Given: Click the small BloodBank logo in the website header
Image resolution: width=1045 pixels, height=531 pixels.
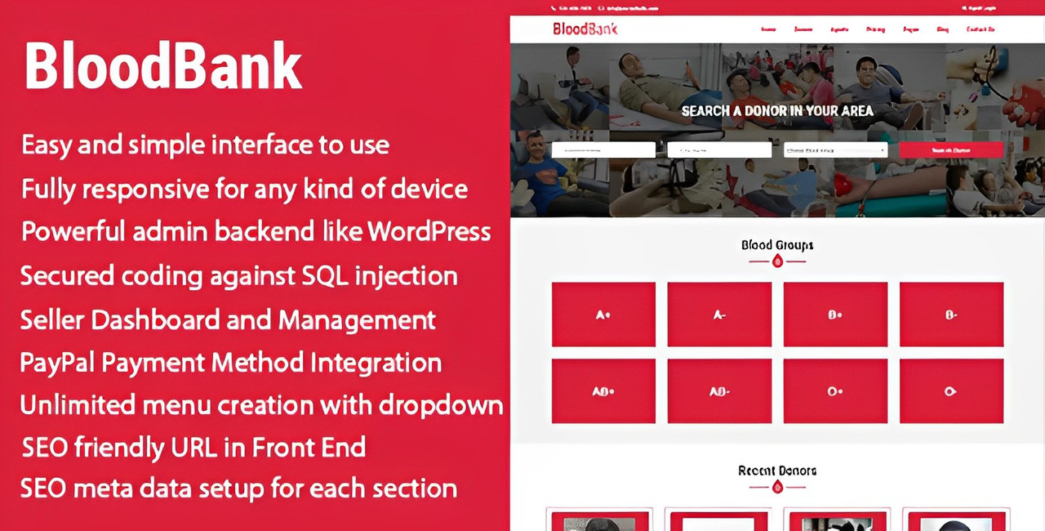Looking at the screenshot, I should click(x=585, y=29).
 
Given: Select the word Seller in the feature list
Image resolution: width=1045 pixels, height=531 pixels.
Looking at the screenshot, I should click(x=51, y=319).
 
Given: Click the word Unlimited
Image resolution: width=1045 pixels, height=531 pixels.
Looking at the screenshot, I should click(x=77, y=405).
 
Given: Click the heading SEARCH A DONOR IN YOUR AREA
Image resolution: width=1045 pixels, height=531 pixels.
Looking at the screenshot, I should click(x=777, y=110).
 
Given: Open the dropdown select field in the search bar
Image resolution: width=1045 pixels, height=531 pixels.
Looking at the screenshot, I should click(x=835, y=150).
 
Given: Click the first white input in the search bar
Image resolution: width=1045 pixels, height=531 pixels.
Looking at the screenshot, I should click(x=603, y=150).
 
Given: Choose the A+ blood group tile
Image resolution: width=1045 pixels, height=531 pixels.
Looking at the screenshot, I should click(x=603, y=315).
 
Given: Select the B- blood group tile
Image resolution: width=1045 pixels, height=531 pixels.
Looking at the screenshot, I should click(x=951, y=315).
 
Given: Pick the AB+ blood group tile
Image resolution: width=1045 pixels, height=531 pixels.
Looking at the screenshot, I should click(x=603, y=391).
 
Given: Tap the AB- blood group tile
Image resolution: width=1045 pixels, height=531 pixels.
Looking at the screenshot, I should click(x=719, y=391).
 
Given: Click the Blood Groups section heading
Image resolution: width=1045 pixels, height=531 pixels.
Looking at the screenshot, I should click(x=777, y=245).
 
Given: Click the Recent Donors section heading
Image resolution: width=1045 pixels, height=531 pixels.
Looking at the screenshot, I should click(x=777, y=471).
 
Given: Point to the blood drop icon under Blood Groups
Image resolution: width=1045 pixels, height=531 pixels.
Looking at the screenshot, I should click(x=777, y=261).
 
